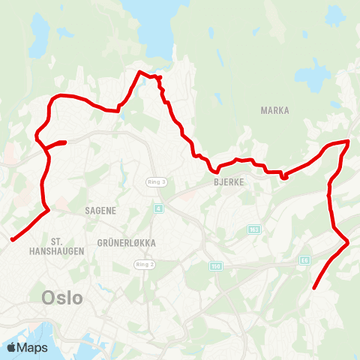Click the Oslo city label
click(x=62, y=297)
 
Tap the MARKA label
click(x=274, y=110)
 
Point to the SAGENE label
click(x=100, y=211)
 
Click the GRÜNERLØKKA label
click(x=126, y=243)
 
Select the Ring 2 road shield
click(x=144, y=265)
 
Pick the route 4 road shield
click(x=158, y=208)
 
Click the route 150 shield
click(x=216, y=266)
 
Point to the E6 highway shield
click(x=304, y=259)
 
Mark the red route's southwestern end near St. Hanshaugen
click(x=12, y=240)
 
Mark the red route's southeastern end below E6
click(x=313, y=288)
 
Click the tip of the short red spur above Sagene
click(x=66, y=142)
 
